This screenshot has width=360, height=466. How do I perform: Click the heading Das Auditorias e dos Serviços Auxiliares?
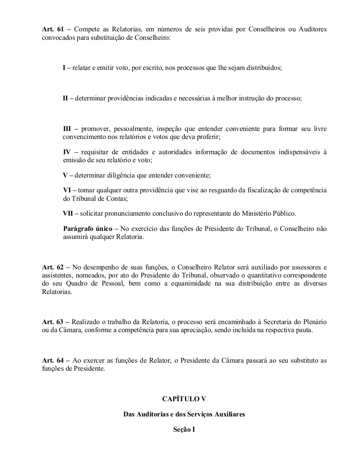coord(184,414)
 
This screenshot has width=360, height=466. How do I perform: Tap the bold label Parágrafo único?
coord(88,229)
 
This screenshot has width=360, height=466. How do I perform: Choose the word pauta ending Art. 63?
coord(303,330)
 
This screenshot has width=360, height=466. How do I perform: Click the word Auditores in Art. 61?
coord(311,29)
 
